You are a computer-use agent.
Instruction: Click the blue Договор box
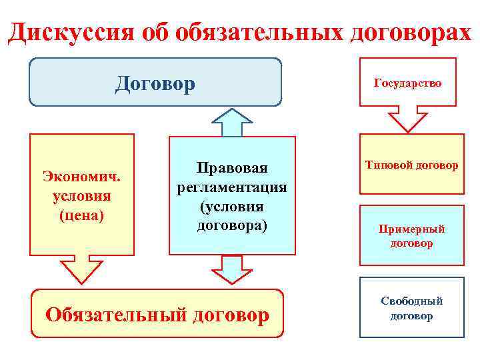pos(155,83)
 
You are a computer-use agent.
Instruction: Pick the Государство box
pos(407,83)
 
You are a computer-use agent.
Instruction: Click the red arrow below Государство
pos(407,119)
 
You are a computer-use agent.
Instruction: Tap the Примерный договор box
pos(411,236)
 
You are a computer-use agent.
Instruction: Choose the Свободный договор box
pos(411,307)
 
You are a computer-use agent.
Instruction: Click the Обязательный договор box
pos(157,313)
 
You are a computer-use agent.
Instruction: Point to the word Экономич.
pos(82,178)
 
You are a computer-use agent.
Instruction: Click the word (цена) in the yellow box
pos(82,215)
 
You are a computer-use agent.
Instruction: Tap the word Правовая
pos(231,167)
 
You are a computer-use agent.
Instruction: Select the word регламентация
pos(231,187)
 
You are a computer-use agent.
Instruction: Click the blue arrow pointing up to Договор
pos(231,122)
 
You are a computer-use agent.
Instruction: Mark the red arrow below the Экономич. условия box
pos(82,270)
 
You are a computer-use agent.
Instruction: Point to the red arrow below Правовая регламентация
pos(231,269)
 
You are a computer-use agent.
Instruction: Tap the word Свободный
pos(411,301)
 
